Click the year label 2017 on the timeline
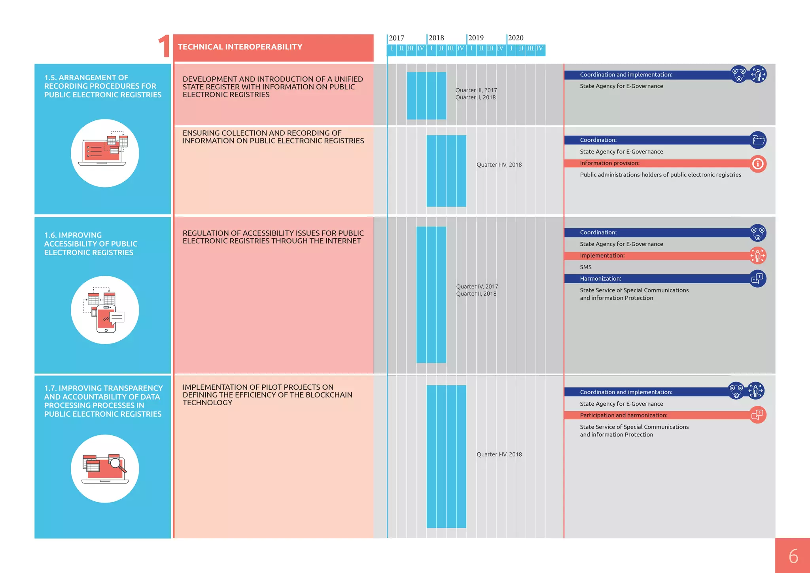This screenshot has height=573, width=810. click(396, 38)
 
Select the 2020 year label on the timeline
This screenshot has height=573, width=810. click(515, 38)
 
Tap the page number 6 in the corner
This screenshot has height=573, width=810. click(793, 556)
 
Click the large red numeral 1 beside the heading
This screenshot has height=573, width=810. click(164, 47)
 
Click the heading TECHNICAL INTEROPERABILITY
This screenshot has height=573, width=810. click(240, 47)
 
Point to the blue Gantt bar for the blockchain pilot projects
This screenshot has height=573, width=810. click(446, 456)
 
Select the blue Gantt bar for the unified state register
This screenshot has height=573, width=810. click(426, 95)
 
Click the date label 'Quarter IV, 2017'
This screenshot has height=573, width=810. click(477, 286)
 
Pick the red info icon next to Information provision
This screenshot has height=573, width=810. click(758, 164)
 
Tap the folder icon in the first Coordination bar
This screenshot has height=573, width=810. click(758, 140)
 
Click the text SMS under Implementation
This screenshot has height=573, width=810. click(586, 267)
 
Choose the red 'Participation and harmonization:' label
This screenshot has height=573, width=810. click(623, 415)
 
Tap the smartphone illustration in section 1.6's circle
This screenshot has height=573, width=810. click(106, 319)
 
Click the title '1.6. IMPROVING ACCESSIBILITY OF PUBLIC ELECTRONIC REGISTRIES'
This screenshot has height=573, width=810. click(91, 244)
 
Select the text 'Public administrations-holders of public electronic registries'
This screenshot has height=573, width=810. click(660, 175)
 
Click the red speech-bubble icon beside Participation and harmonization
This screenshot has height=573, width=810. click(757, 415)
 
